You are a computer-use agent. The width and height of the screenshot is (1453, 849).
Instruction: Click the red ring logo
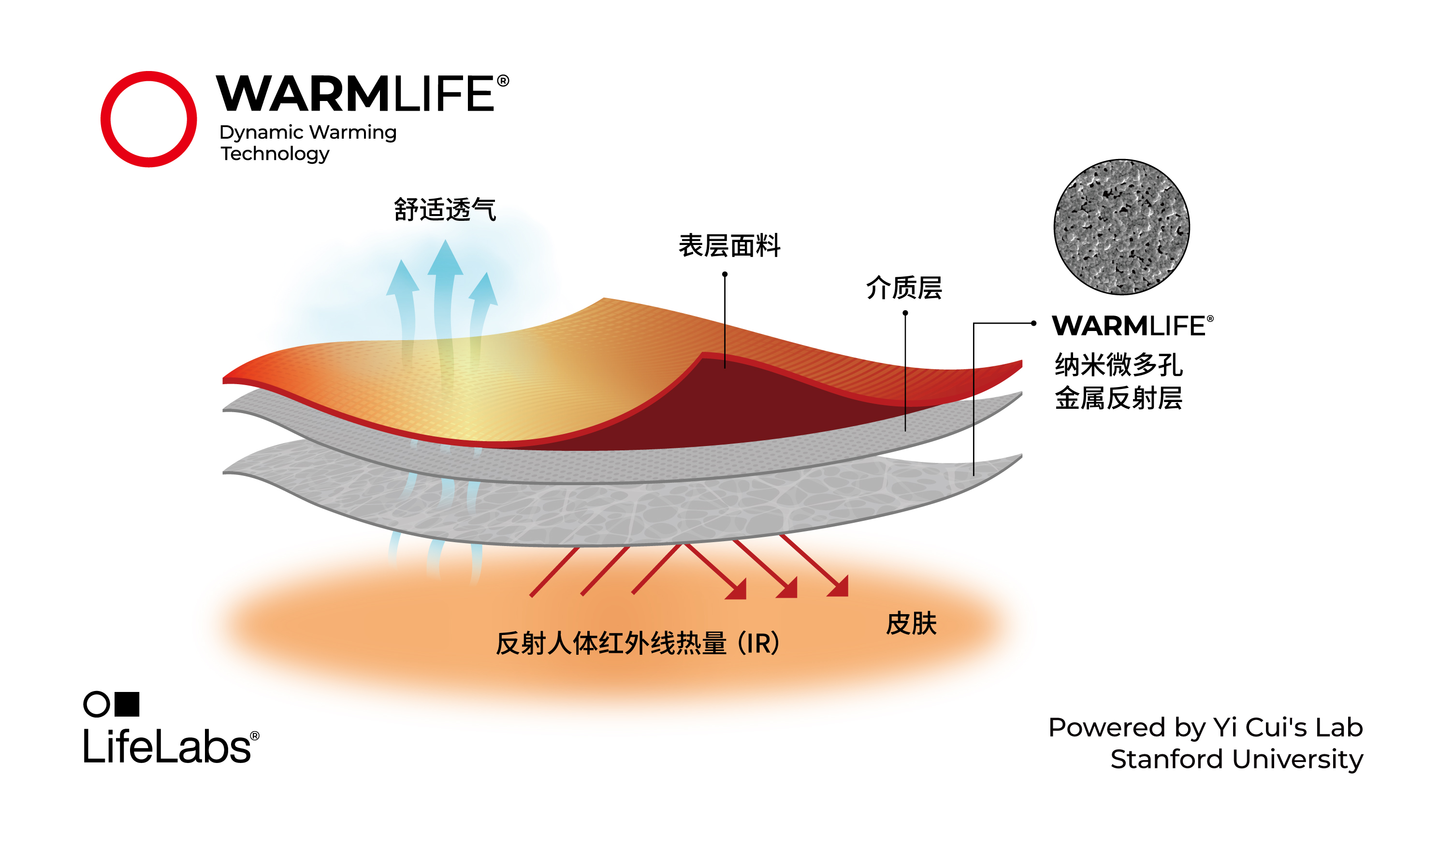click(148, 119)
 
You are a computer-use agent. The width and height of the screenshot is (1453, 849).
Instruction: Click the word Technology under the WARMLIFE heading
click(275, 154)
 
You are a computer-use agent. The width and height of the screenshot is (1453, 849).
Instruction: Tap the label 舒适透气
click(445, 209)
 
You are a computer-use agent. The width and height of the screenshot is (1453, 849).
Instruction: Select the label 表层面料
click(729, 246)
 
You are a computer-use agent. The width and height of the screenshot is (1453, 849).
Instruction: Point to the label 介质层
click(903, 288)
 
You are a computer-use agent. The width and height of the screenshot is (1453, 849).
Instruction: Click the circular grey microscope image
click(1121, 227)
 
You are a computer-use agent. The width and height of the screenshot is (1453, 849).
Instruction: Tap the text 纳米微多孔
click(1118, 364)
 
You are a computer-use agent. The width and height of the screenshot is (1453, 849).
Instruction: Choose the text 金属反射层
click(1118, 398)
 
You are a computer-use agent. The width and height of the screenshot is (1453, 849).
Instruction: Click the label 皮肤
click(911, 624)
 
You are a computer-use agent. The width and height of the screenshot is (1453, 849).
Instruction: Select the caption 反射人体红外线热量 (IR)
click(637, 644)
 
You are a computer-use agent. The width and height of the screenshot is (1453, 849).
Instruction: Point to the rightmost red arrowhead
click(840, 587)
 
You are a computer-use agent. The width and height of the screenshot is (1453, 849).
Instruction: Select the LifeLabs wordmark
click(167, 747)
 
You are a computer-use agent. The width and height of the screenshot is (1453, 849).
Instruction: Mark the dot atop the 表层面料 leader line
click(725, 274)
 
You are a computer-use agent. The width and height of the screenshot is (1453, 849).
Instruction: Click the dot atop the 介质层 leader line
click(905, 314)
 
